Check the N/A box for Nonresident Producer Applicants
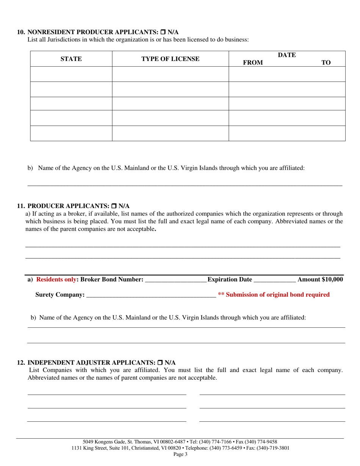click(x=164, y=32)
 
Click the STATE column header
click(x=71, y=59)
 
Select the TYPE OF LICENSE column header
click(x=170, y=59)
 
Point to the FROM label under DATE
click(x=253, y=63)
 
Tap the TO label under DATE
click(x=326, y=63)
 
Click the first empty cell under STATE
click(x=71, y=74)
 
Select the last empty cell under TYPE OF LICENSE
click(x=170, y=133)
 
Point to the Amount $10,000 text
click(x=320, y=280)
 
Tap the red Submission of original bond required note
click(x=274, y=294)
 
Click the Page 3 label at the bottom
click(x=180, y=454)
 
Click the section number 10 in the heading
click(x=21, y=32)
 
